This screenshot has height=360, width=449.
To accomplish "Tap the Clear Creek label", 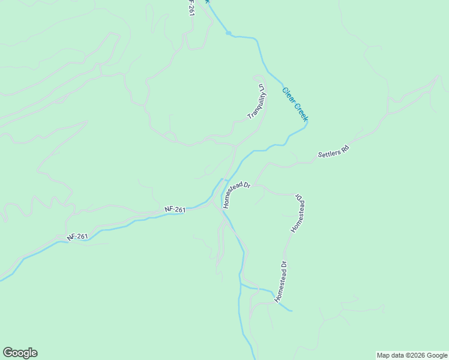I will (x=295, y=104).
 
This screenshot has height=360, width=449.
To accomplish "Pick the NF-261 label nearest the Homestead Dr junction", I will (x=175, y=209).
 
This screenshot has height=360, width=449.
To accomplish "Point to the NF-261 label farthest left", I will (x=78, y=237).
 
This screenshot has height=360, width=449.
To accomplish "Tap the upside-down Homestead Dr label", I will (x=298, y=213).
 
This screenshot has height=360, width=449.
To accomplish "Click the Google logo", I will (x=20, y=353).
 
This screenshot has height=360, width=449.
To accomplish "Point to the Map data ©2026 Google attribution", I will (x=411, y=355).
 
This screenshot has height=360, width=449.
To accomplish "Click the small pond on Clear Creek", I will (x=229, y=33).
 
